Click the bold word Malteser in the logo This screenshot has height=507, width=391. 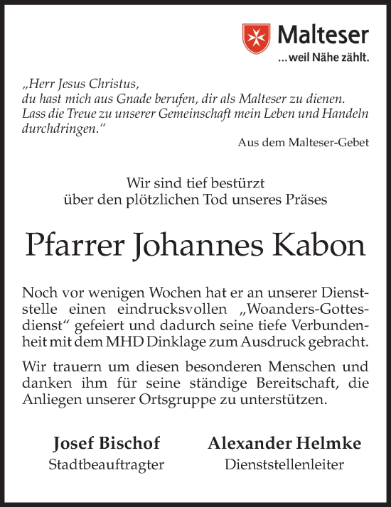click(323, 34)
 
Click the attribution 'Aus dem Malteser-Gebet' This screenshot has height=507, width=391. click(304, 143)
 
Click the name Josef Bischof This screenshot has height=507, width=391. click(107, 445)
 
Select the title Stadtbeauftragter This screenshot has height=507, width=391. click(107, 466)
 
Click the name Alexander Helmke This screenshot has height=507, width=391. click(284, 445)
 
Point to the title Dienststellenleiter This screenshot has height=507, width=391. click(284, 466)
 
